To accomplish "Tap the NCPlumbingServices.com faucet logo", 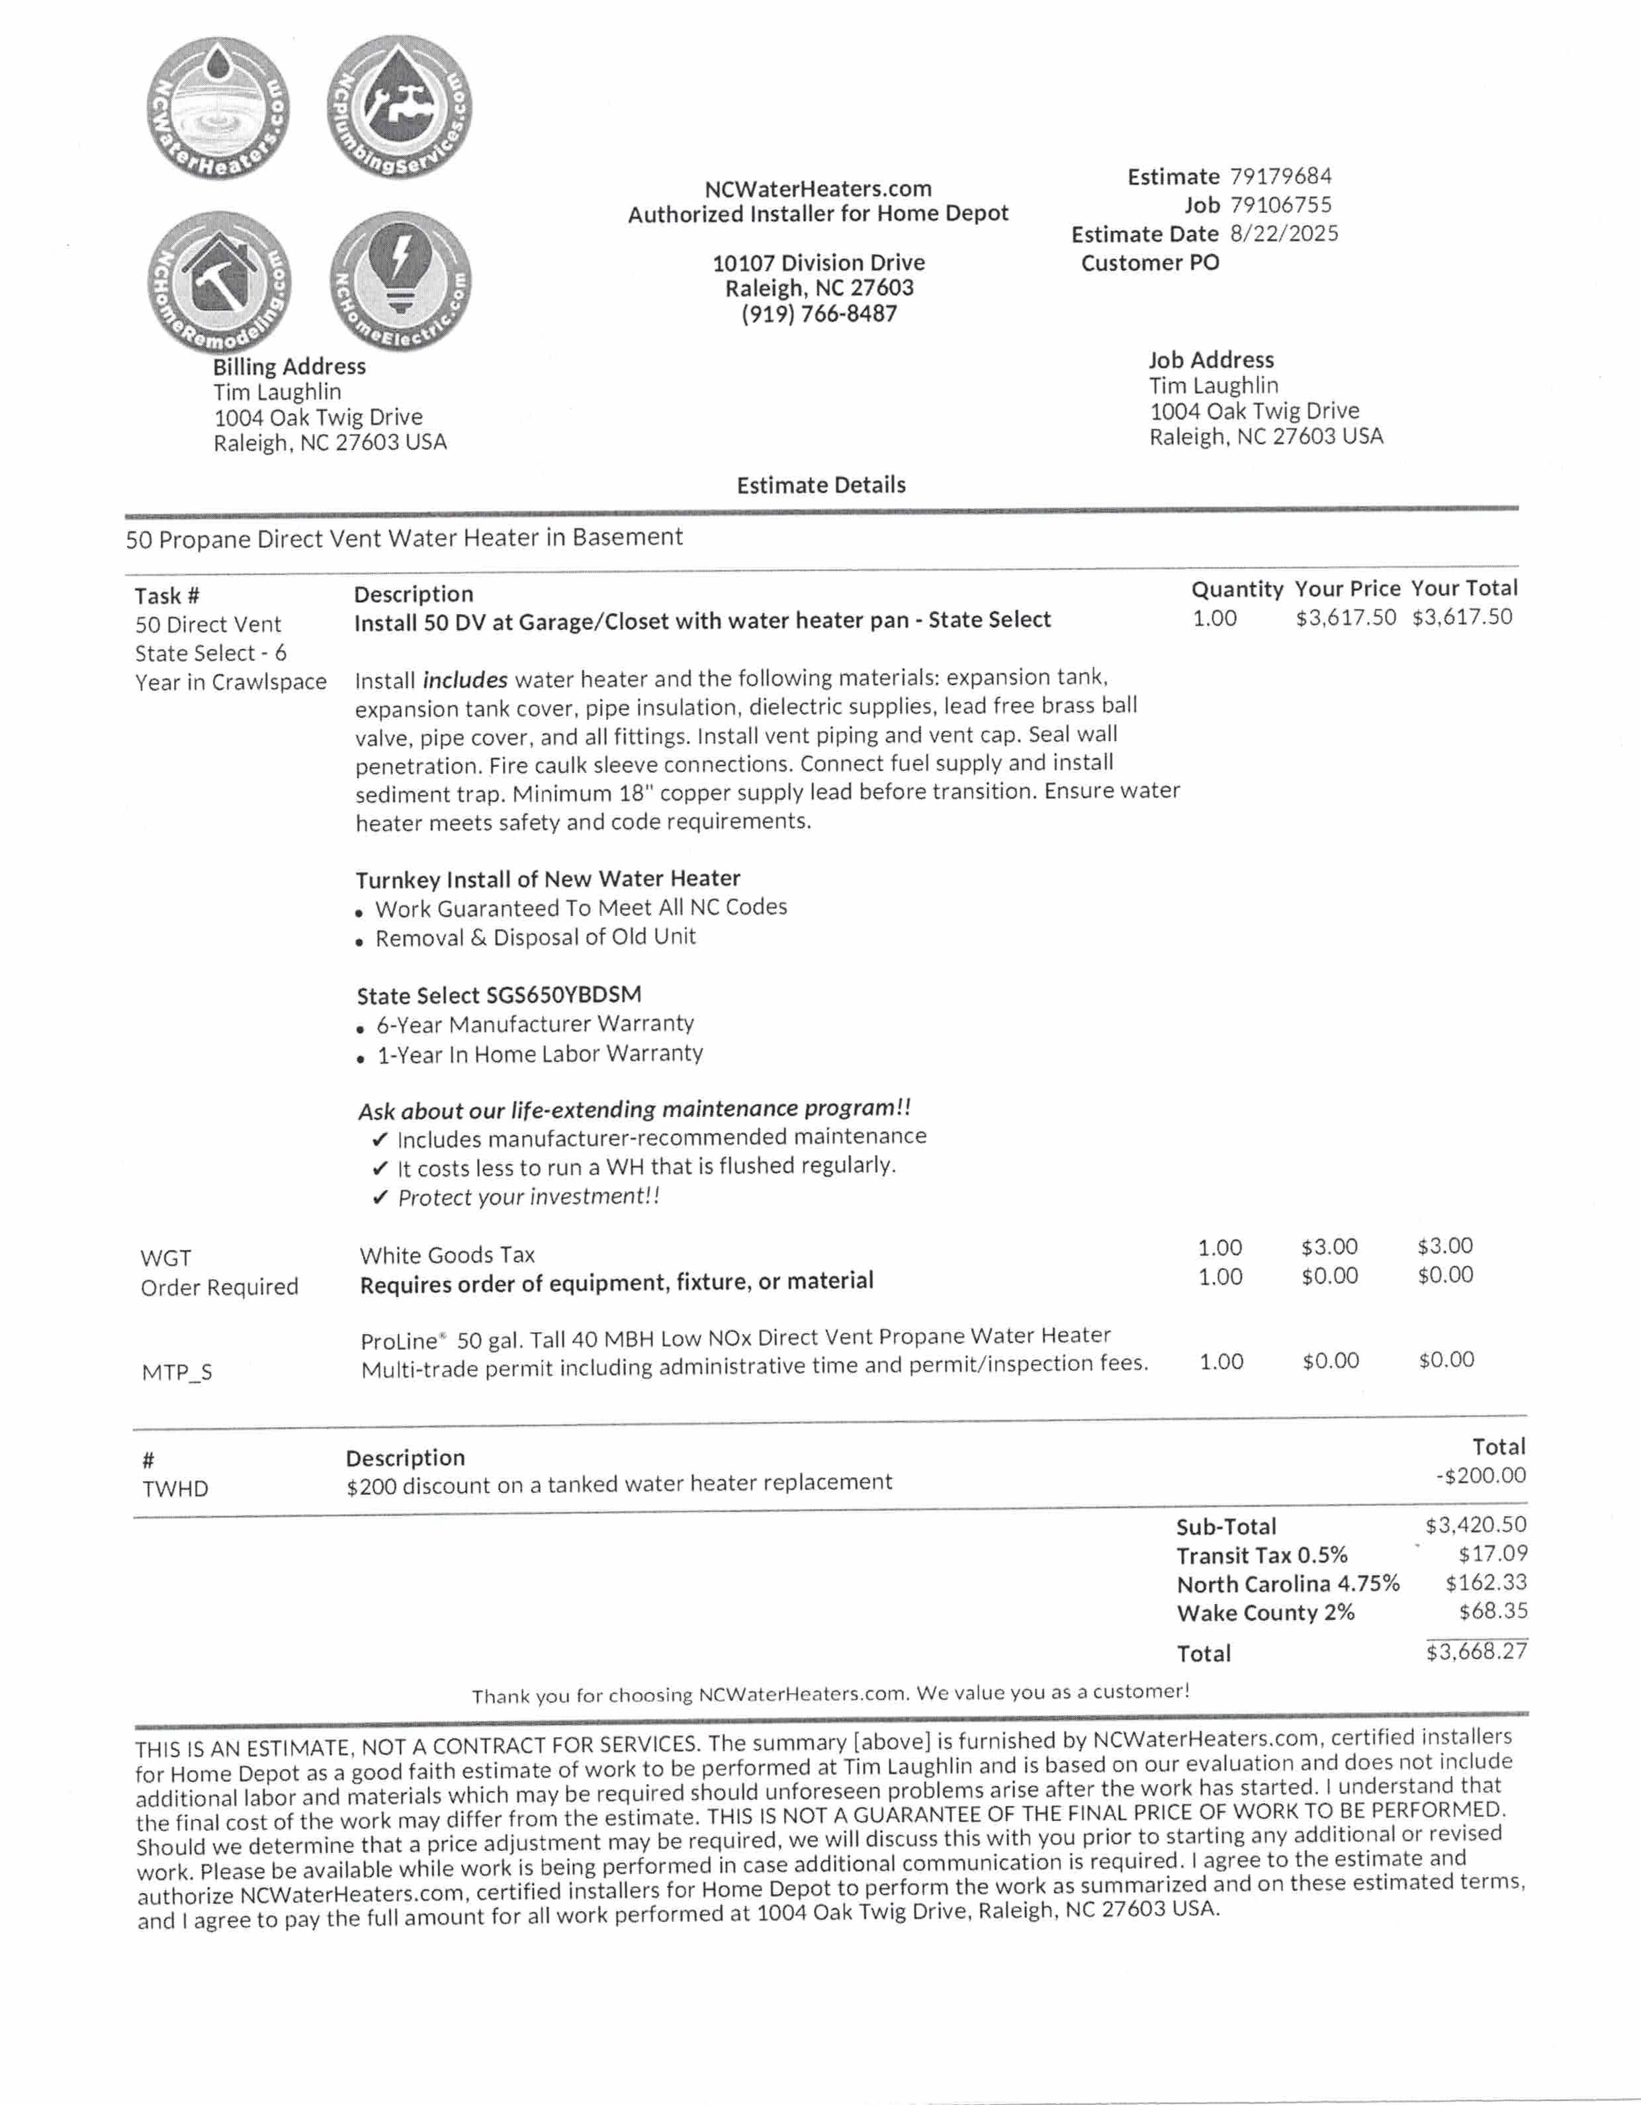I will click(400, 106).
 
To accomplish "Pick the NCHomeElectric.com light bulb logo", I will click(400, 281).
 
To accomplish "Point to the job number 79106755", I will click(1280, 205).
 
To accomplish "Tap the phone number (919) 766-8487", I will click(819, 314).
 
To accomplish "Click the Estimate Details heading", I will click(821, 486).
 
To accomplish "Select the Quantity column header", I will click(1236, 590).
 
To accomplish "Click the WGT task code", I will click(165, 1259).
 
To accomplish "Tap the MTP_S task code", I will click(176, 1372).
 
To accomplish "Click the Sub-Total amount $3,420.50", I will click(1476, 1525).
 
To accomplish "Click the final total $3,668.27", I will click(1476, 1652).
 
